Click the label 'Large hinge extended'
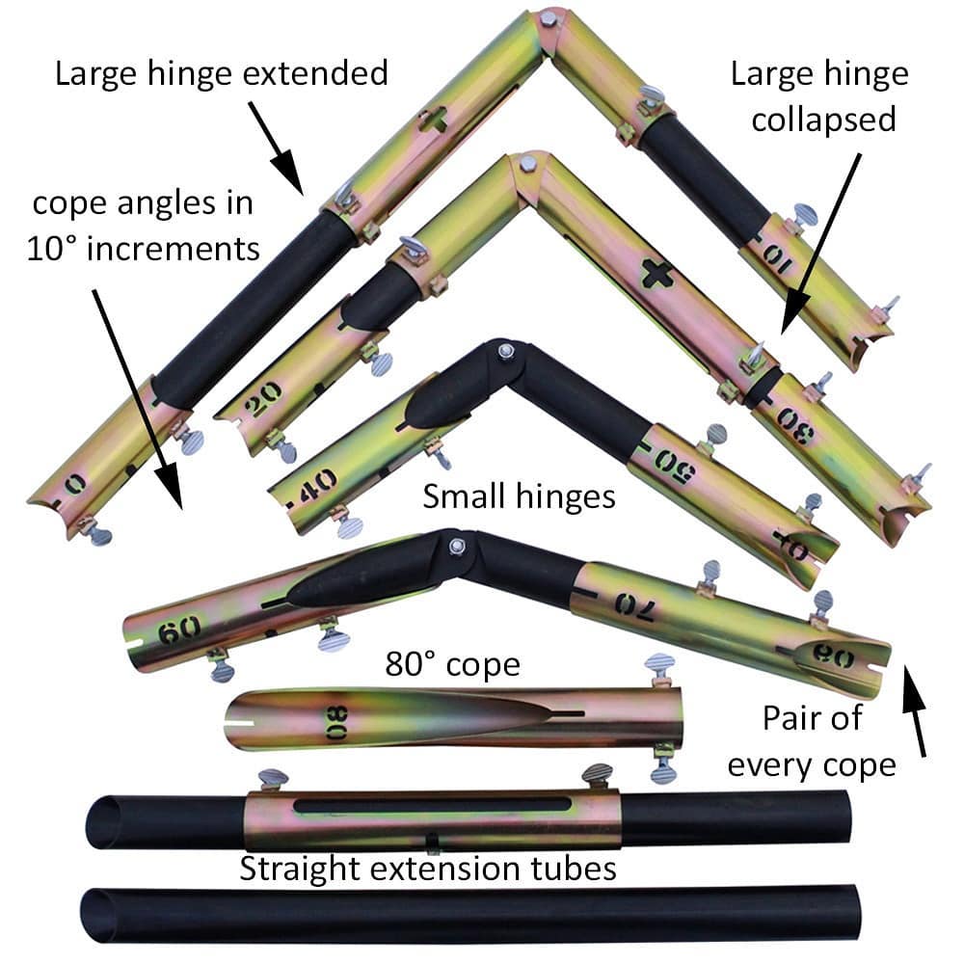pyautogui.click(x=222, y=73)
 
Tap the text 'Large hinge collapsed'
pyautogui.click(x=819, y=96)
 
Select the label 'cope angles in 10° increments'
pyautogui.click(x=145, y=227)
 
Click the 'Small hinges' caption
pyautogui.click(x=519, y=496)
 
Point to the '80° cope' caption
pyautogui.click(x=453, y=665)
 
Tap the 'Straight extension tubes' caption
pyautogui.click(x=428, y=869)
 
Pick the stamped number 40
pyautogui.click(x=318, y=479)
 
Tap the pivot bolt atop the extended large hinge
pyautogui.click(x=549, y=18)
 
